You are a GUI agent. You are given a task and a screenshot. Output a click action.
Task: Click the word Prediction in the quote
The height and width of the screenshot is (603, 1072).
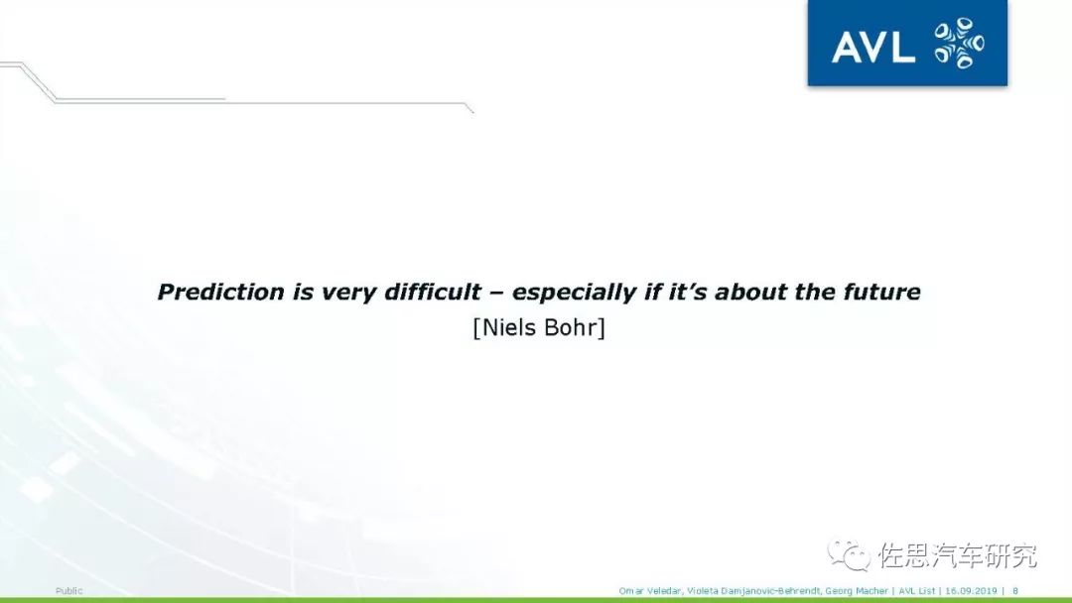click(x=220, y=292)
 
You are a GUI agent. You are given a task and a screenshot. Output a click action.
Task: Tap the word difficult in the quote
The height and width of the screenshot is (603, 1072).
click(x=433, y=292)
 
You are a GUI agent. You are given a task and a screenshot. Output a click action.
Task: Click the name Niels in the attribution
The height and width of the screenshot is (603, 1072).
click(x=508, y=328)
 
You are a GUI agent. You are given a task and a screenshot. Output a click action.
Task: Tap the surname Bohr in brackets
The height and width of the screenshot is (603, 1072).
click(x=572, y=328)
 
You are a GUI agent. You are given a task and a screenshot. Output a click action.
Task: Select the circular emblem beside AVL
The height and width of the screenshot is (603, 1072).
click(x=959, y=43)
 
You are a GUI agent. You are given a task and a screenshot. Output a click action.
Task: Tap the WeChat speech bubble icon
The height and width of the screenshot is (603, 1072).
click(x=849, y=553)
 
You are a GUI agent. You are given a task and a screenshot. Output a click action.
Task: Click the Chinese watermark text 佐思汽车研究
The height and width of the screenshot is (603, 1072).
click(x=957, y=555)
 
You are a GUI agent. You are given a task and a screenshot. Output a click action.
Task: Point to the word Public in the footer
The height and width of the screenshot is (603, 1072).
click(x=69, y=591)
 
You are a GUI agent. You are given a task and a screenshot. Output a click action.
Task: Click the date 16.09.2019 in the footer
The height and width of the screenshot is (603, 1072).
click(x=971, y=591)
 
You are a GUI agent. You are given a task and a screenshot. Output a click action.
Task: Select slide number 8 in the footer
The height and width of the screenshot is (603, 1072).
click(x=1015, y=591)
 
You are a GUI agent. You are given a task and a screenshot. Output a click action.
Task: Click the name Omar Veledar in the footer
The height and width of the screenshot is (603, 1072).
click(x=650, y=591)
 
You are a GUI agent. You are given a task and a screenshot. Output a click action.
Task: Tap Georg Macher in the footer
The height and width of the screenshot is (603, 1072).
click(x=856, y=591)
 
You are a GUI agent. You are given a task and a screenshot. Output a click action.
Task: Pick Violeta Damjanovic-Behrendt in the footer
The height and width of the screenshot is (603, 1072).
click(x=753, y=591)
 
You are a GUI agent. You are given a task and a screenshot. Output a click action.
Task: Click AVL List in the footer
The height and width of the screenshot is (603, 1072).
click(x=916, y=591)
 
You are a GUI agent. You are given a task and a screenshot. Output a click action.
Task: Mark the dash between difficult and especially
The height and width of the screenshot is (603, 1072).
click(x=497, y=294)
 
